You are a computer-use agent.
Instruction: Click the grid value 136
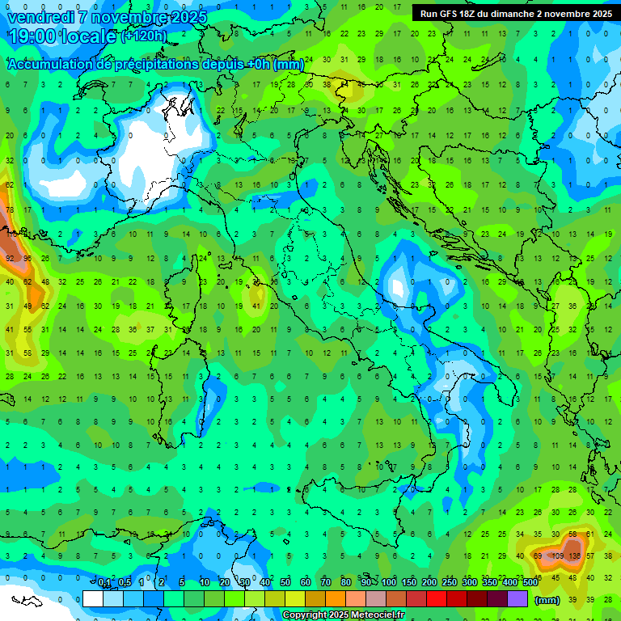point(576,556)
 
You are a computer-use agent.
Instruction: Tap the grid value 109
point(557,556)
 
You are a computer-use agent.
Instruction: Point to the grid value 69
point(539,556)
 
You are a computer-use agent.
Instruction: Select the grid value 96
point(27,259)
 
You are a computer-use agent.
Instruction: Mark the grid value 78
point(10,209)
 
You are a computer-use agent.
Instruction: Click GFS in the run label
point(447,14)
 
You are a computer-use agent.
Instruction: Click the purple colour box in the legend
point(517,598)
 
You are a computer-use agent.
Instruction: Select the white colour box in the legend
point(93,598)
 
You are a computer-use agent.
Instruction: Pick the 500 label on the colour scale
point(530,583)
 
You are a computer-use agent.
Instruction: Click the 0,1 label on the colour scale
point(104,583)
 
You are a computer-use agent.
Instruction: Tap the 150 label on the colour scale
point(409,583)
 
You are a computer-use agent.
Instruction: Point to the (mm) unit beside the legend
point(547,600)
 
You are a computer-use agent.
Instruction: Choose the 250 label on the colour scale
point(450,583)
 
